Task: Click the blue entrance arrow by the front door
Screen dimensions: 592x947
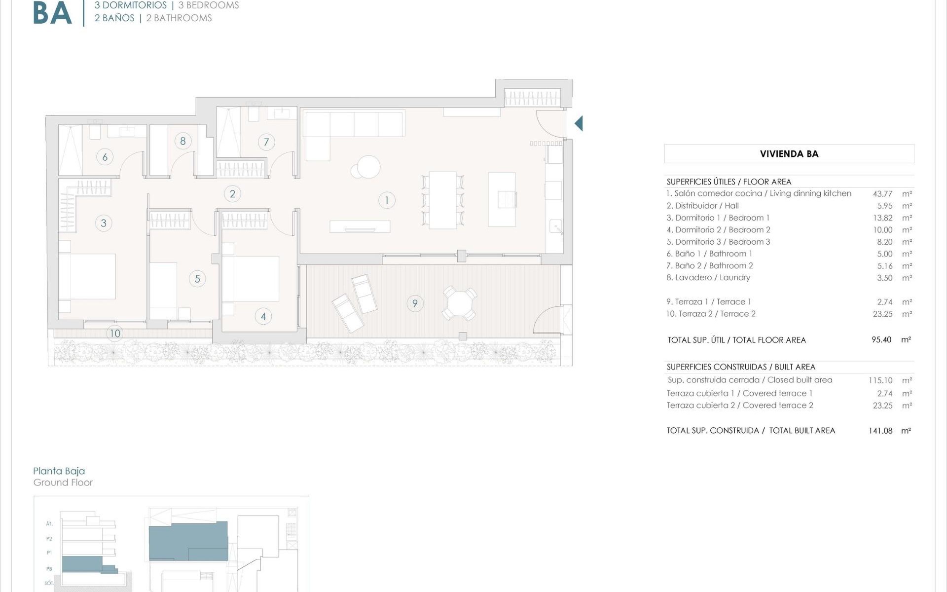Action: coord(579,123)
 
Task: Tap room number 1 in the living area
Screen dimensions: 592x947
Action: coord(387,200)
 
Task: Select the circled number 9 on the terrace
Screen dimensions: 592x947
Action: coord(415,303)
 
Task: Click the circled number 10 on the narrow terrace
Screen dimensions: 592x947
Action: coord(115,333)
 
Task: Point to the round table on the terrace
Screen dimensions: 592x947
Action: coord(459,303)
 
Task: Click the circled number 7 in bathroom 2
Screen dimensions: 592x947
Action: coord(266,143)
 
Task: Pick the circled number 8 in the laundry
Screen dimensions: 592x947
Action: coord(182,141)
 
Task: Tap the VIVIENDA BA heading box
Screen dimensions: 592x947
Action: coord(789,154)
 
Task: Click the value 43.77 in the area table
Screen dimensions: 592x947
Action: coord(882,194)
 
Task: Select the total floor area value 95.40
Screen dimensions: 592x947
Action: coord(881,340)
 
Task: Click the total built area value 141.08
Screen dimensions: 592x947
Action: coord(880,431)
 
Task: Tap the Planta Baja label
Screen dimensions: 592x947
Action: coord(59,471)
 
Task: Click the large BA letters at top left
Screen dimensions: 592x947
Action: coord(52,14)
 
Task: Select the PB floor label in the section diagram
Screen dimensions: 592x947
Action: coord(49,569)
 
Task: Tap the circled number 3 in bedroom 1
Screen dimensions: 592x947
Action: coord(104,223)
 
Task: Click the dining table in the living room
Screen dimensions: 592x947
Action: coord(442,200)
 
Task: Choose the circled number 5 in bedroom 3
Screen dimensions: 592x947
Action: coord(197,279)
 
